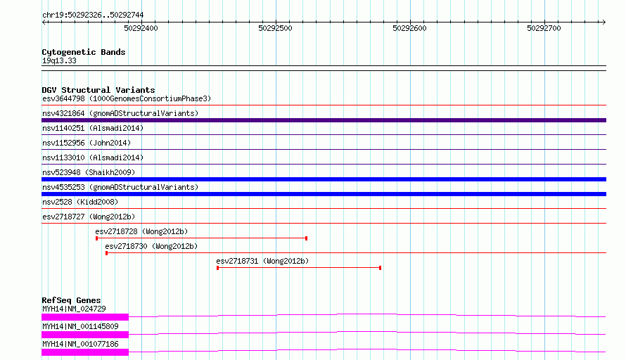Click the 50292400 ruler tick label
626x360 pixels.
click(141, 28)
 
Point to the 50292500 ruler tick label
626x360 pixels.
click(275, 28)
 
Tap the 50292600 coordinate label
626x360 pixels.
click(409, 28)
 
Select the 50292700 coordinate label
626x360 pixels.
click(544, 28)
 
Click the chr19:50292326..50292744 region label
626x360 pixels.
click(93, 15)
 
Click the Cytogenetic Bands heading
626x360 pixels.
click(84, 52)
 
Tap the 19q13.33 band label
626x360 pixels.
click(59, 60)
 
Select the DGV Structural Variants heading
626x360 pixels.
click(98, 90)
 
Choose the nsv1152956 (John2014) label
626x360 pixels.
click(87, 143)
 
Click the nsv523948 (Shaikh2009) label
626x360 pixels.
click(89, 172)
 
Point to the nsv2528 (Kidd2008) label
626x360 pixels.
click(80, 202)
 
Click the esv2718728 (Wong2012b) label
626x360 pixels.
click(141, 231)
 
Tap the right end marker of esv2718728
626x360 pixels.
click(306, 238)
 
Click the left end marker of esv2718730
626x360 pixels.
click(107, 253)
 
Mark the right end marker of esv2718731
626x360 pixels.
click(380, 268)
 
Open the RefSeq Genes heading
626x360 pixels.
click(71, 300)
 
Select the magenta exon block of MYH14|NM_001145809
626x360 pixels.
click(85, 335)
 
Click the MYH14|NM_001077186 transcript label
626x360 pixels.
click(80, 344)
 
